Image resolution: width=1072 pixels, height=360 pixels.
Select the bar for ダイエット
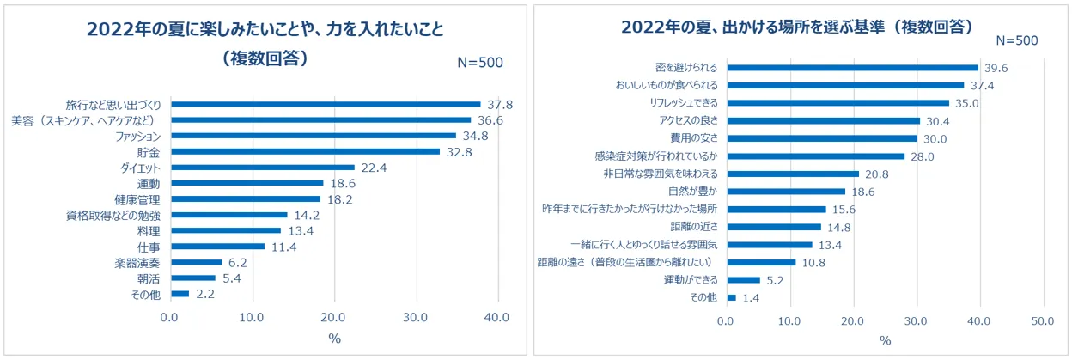coord(262,168)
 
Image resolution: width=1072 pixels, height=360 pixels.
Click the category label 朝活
coord(149,278)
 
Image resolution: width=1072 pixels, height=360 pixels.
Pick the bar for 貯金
coord(305,152)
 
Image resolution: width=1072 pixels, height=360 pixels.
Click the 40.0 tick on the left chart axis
coord(497,317)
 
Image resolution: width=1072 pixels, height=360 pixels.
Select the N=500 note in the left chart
coord(479,62)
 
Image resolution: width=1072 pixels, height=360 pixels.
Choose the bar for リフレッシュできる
coord(837,103)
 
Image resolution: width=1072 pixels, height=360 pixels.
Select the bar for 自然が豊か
coord(785,191)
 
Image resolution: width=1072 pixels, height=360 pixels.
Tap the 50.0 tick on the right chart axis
coord(1043,322)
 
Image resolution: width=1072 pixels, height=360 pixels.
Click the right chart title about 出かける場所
coord(798,27)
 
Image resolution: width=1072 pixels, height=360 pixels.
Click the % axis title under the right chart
coord(885,341)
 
